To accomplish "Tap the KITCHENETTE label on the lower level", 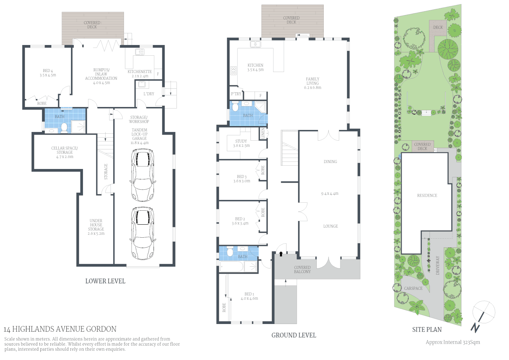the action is (140, 72).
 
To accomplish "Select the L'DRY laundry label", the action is (149, 94).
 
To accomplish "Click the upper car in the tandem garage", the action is (143, 175).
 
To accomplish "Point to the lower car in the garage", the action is (143, 233).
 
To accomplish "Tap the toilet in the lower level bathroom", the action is (64, 128).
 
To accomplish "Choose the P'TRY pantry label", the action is (236, 94).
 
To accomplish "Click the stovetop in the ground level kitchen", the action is (234, 71).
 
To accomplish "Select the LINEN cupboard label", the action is (263, 133).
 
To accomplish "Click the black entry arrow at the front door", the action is (281, 254).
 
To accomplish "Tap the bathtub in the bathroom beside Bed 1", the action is (231, 267).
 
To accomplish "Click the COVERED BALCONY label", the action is (302, 270).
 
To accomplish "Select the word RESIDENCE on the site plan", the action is (427, 196).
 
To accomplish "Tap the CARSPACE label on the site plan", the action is (413, 288).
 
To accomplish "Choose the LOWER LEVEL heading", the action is (105, 281).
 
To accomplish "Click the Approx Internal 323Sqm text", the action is (453, 342).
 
